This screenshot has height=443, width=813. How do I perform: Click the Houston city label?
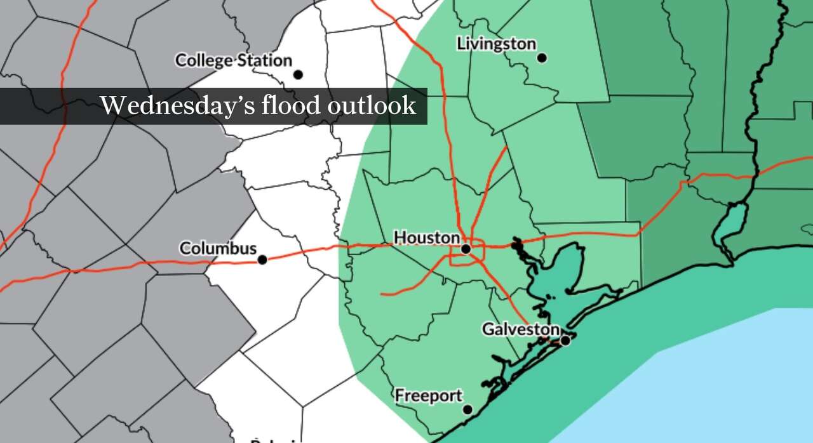point(426,238)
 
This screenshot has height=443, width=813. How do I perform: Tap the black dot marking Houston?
point(466,249)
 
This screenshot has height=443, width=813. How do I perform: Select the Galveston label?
point(520,329)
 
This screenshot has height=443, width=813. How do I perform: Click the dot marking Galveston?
point(565,341)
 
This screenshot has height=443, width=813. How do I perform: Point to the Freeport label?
point(429,396)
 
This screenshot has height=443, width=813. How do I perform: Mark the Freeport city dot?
point(467,410)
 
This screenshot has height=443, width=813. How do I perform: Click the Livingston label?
point(496,44)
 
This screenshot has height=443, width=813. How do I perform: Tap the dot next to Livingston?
point(542,58)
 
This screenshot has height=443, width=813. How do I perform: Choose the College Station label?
point(233,61)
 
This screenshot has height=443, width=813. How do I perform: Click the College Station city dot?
point(298,75)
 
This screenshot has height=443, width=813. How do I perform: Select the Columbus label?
point(218,248)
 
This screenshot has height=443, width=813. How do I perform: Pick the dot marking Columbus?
point(262,260)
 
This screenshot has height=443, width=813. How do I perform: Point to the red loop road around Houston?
point(484,251)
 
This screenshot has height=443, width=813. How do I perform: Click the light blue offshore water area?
point(730,381)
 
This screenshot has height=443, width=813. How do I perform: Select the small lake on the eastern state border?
point(730,225)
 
